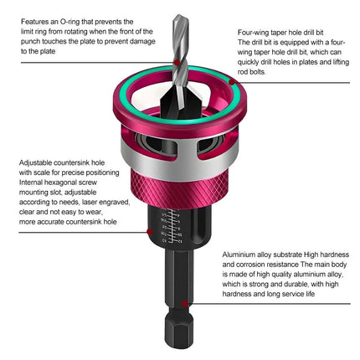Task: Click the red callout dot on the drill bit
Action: (177, 62)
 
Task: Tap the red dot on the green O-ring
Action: (232, 82)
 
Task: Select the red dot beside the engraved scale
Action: (150, 232)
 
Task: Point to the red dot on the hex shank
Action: (184, 303)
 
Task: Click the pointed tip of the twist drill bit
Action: (177, 16)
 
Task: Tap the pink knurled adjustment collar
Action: (179, 186)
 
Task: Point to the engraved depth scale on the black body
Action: (172, 225)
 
